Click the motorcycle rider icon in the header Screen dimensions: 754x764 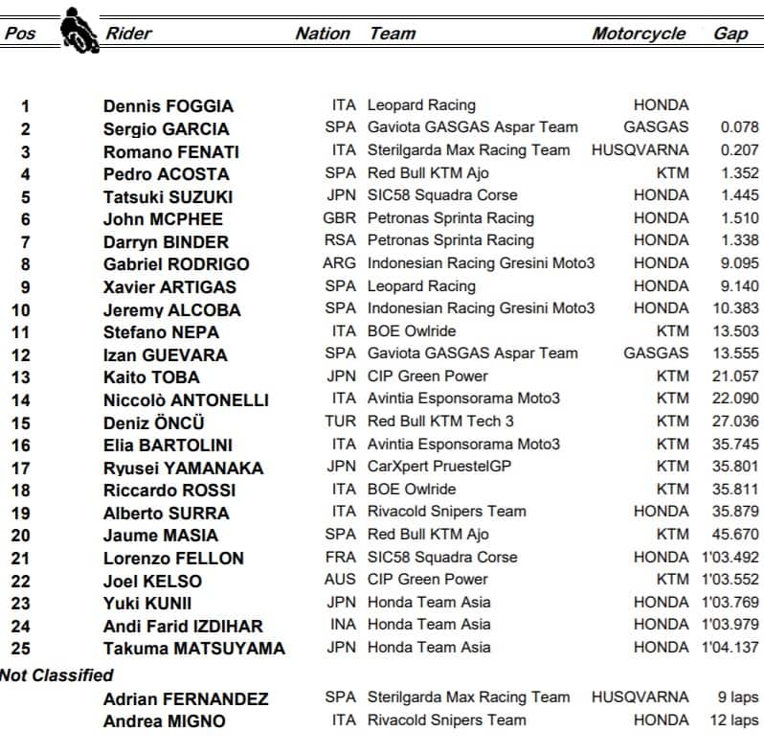pyautogui.click(x=79, y=31)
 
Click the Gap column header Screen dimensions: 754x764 pyautogui.click(x=730, y=34)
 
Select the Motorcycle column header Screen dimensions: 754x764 pyautogui.click(x=639, y=34)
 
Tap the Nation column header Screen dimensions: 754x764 pyautogui.click(x=323, y=34)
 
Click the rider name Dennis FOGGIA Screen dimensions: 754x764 pyautogui.click(x=169, y=106)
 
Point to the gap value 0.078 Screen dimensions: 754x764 pyautogui.click(x=739, y=127)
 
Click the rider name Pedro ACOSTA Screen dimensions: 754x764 pyautogui.click(x=167, y=174)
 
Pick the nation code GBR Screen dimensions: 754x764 pyautogui.click(x=340, y=218)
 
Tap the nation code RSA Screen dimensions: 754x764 pyautogui.click(x=340, y=240)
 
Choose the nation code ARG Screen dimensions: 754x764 pyautogui.click(x=340, y=263)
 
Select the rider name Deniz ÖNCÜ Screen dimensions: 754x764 pyautogui.click(x=154, y=423)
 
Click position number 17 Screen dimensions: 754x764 pyautogui.click(x=21, y=468)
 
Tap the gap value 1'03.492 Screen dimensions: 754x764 pyautogui.click(x=728, y=558)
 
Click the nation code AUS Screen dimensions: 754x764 pyautogui.click(x=340, y=580)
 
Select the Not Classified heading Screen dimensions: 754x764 pyautogui.click(x=56, y=675)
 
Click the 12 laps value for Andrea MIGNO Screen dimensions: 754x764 pyautogui.click(x=733, y=720)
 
